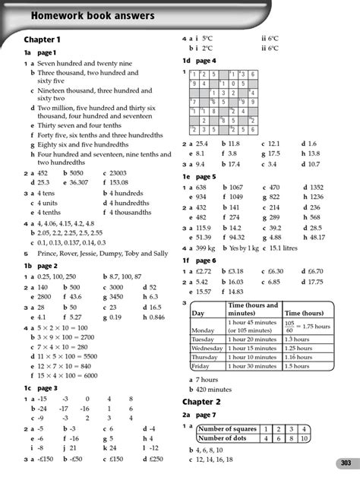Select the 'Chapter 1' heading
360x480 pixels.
[42, 39]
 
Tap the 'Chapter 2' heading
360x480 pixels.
[202, 401]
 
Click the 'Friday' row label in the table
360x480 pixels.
[201, 365]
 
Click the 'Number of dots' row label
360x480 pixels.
[226, 438]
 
